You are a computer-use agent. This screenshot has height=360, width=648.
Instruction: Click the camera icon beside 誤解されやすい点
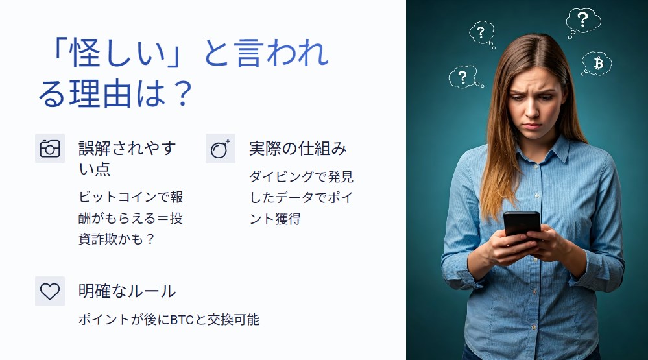point(50,149)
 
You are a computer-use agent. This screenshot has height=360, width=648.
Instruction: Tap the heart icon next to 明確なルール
point(50,291)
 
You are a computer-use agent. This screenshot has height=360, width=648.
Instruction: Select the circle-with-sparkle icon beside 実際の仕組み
point(221,149)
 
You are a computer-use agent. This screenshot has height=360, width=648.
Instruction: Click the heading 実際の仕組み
point(298,149)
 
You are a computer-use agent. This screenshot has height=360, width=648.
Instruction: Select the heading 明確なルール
point(127,291)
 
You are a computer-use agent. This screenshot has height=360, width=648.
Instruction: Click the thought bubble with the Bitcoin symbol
point(596,63)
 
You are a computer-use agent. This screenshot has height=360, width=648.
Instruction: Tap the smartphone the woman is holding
point(522,224)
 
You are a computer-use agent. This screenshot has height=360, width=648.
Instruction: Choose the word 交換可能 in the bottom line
point(234,320)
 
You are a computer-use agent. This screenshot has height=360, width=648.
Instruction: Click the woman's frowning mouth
point(533,126)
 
